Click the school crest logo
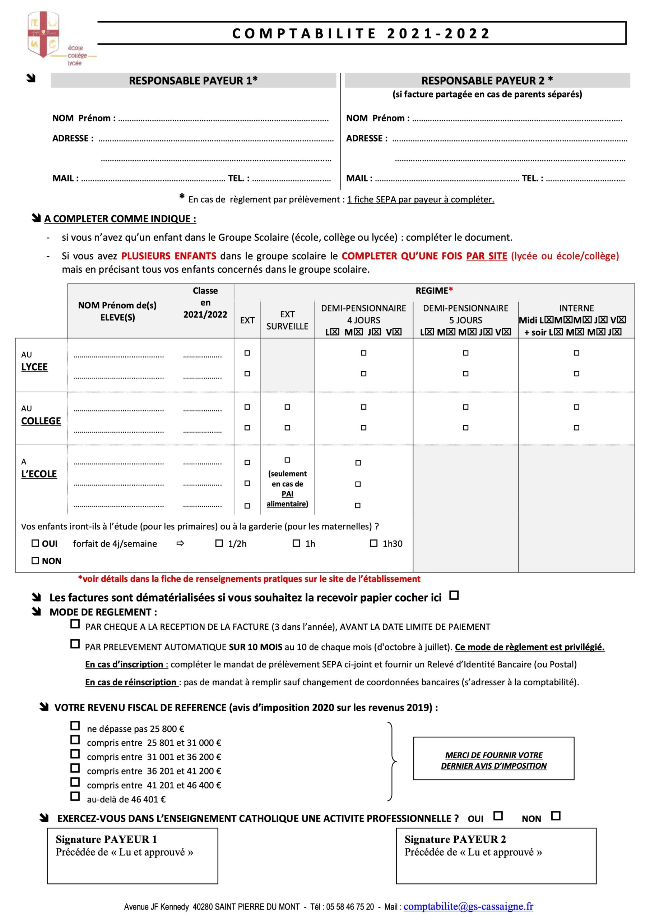(43, 34)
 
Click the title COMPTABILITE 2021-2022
(361, 33)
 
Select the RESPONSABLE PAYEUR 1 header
(193, 80)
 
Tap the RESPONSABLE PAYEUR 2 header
(487, 80)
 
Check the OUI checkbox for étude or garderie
(35, 543)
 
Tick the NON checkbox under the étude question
(35, 561)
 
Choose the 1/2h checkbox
(219, 543)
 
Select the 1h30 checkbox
(373, 543)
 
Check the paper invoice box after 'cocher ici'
(454, 595)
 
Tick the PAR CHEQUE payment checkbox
(75, 624)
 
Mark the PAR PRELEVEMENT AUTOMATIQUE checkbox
(75, 644)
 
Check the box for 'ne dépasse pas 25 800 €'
(75, 726)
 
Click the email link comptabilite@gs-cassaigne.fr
(468, 906)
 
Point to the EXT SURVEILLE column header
(287, 320)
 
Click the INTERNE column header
(576, 308)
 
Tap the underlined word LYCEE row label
(34, 367)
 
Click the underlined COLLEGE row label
(41, 421)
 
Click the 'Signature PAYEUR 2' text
(455, 839)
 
